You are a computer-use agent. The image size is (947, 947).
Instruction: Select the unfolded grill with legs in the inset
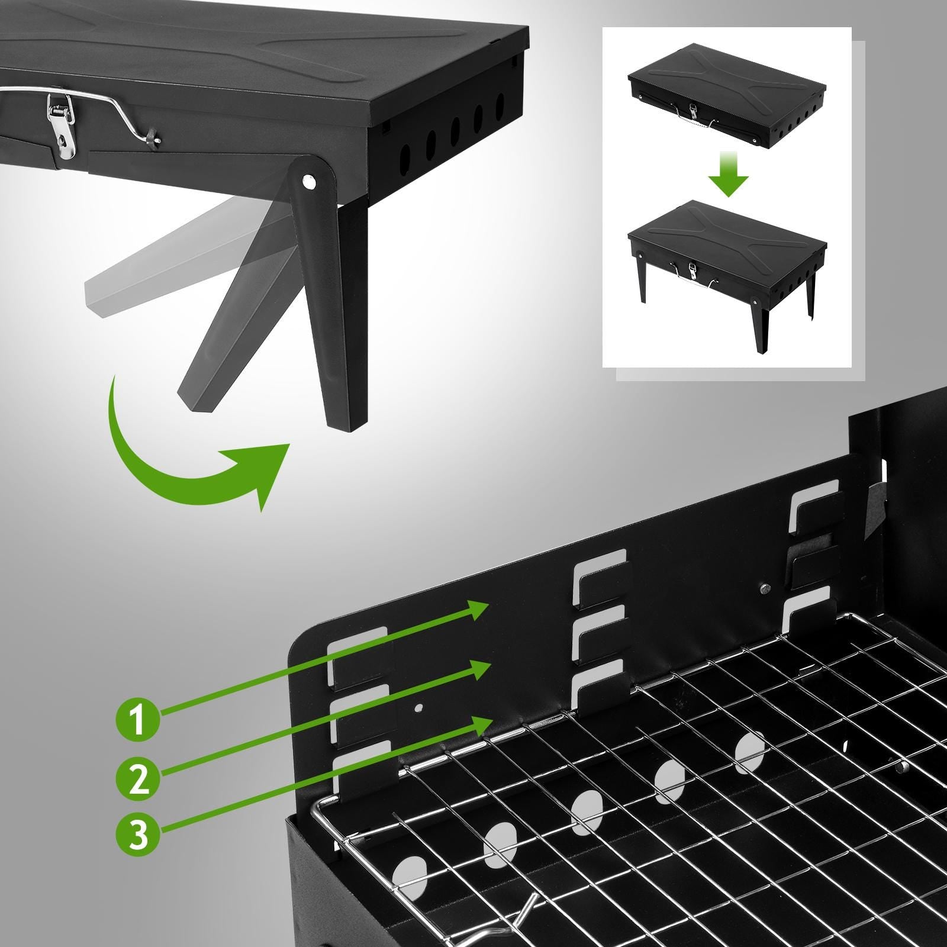pyautogui.click(x=727, y=260)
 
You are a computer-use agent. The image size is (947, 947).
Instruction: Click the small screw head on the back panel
pyautogui.click(x=765, y=588)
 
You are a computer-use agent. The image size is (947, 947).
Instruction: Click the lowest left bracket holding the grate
pyautogui.click(x=362, y=769)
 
